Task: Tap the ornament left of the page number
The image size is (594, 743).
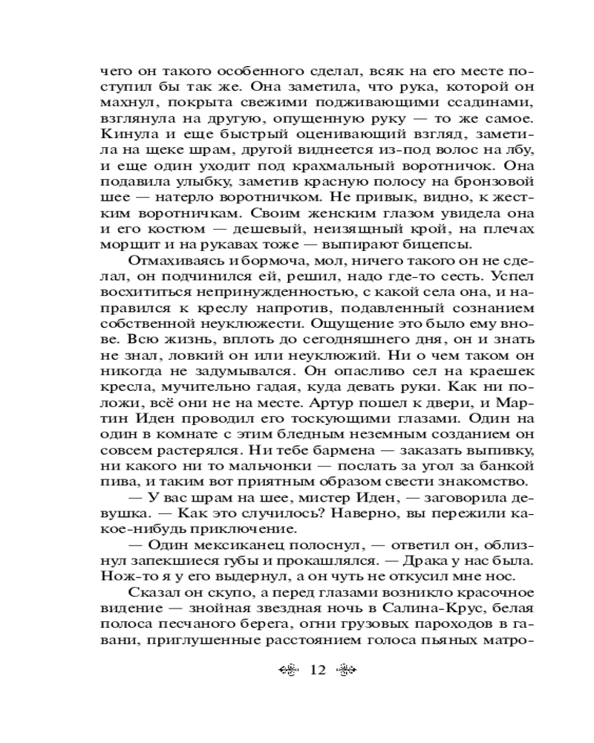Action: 287,670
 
